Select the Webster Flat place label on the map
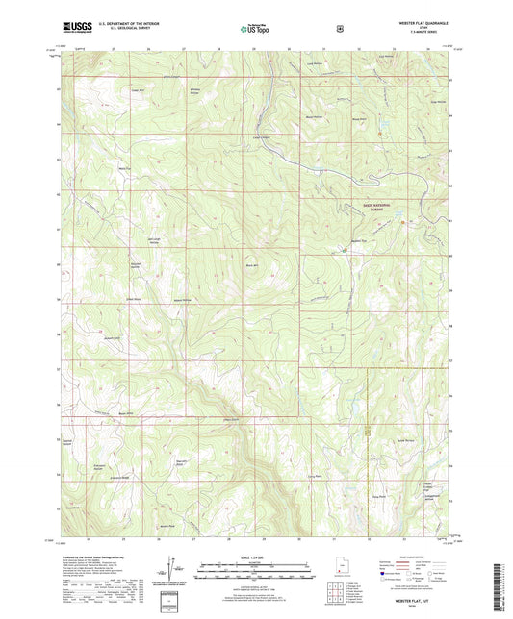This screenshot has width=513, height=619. click(359, 240)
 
